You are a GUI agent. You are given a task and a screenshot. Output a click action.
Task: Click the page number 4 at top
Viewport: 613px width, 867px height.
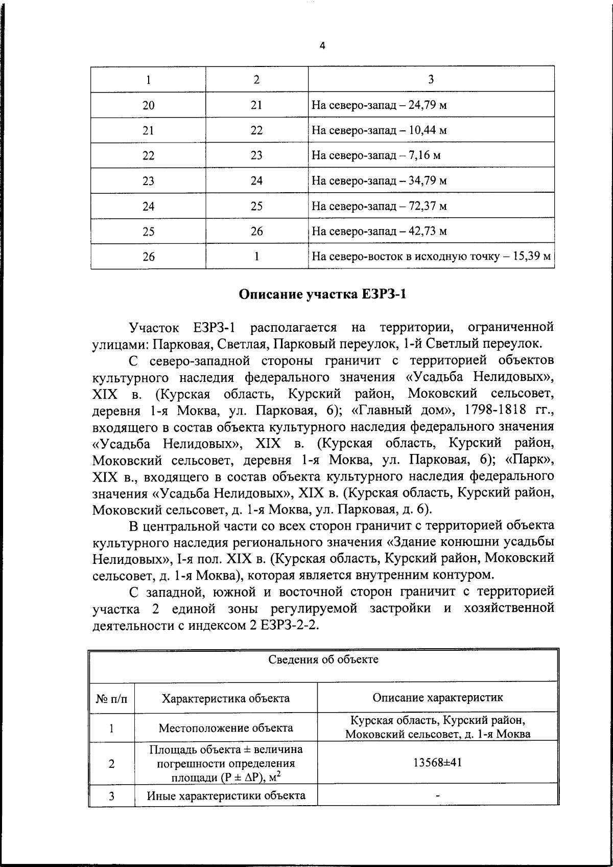tap(322, 46)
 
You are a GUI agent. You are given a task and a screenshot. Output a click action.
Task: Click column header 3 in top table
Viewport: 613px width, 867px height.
tap(431, 79)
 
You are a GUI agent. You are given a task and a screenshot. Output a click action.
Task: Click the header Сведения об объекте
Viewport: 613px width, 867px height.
tap(323, 659)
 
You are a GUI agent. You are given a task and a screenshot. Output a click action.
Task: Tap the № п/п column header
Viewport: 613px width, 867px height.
tap(112, 698)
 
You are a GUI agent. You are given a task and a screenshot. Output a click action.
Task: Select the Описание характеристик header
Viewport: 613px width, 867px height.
tap(437, 697)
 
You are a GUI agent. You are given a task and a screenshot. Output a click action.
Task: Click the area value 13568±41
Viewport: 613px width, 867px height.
tap(437, 763)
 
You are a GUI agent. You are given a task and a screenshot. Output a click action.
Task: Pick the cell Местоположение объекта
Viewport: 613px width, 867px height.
tap(226, 727)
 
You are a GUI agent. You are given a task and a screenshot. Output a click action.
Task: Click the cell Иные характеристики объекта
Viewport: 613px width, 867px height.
tap(226, 795)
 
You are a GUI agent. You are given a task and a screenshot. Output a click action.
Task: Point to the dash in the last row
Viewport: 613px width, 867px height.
tap(437, 796)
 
